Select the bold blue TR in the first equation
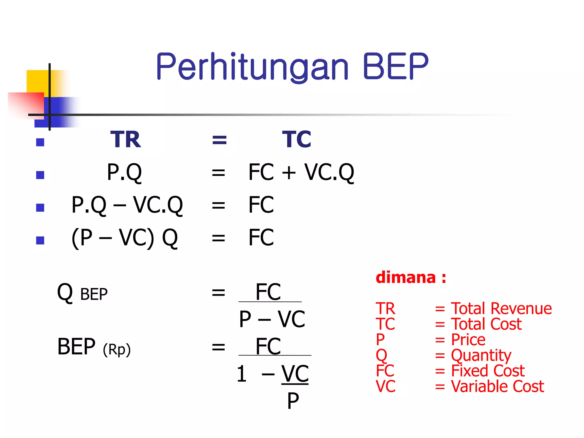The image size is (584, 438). point(125,139)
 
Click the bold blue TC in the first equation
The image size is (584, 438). point(297,139)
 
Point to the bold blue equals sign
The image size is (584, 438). point(219,140)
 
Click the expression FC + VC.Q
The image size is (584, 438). point(301,172)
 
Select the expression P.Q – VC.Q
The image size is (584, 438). point(127,205)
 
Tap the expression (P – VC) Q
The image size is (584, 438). point(125,238)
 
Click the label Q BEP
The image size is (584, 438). point(82,293)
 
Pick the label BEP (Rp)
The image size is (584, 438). point(94,347)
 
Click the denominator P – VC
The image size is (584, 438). point(272,319)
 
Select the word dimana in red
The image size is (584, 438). point(406,277)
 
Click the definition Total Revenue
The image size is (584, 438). point(501,309)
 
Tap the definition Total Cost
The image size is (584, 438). point(486,324)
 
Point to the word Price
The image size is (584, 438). point(468,340)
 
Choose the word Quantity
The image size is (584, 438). point(481,355)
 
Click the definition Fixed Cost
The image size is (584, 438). point(488,371)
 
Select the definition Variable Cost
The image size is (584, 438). point(497,387)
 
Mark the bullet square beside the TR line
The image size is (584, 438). point(40,142)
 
